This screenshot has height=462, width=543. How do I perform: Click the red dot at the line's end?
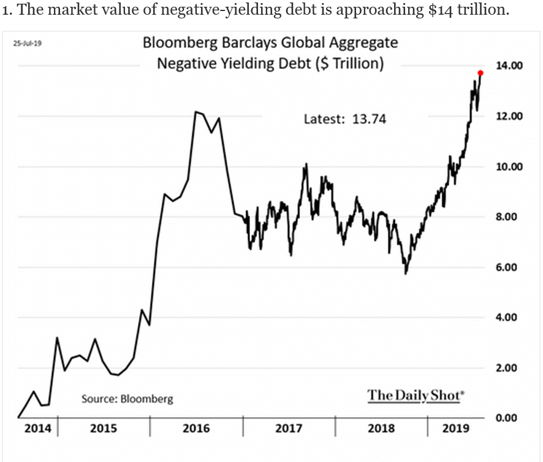point(480,73)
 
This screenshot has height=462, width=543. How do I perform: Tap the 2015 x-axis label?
point(104,428)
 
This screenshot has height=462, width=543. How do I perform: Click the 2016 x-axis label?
point(196,428)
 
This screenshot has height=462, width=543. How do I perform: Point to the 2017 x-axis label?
point(289,428)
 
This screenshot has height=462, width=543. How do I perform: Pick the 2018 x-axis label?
point(381,428)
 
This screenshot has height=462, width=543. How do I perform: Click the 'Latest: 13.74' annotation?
point(345,119)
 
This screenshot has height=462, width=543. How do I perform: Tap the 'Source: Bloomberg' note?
point(127,399)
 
